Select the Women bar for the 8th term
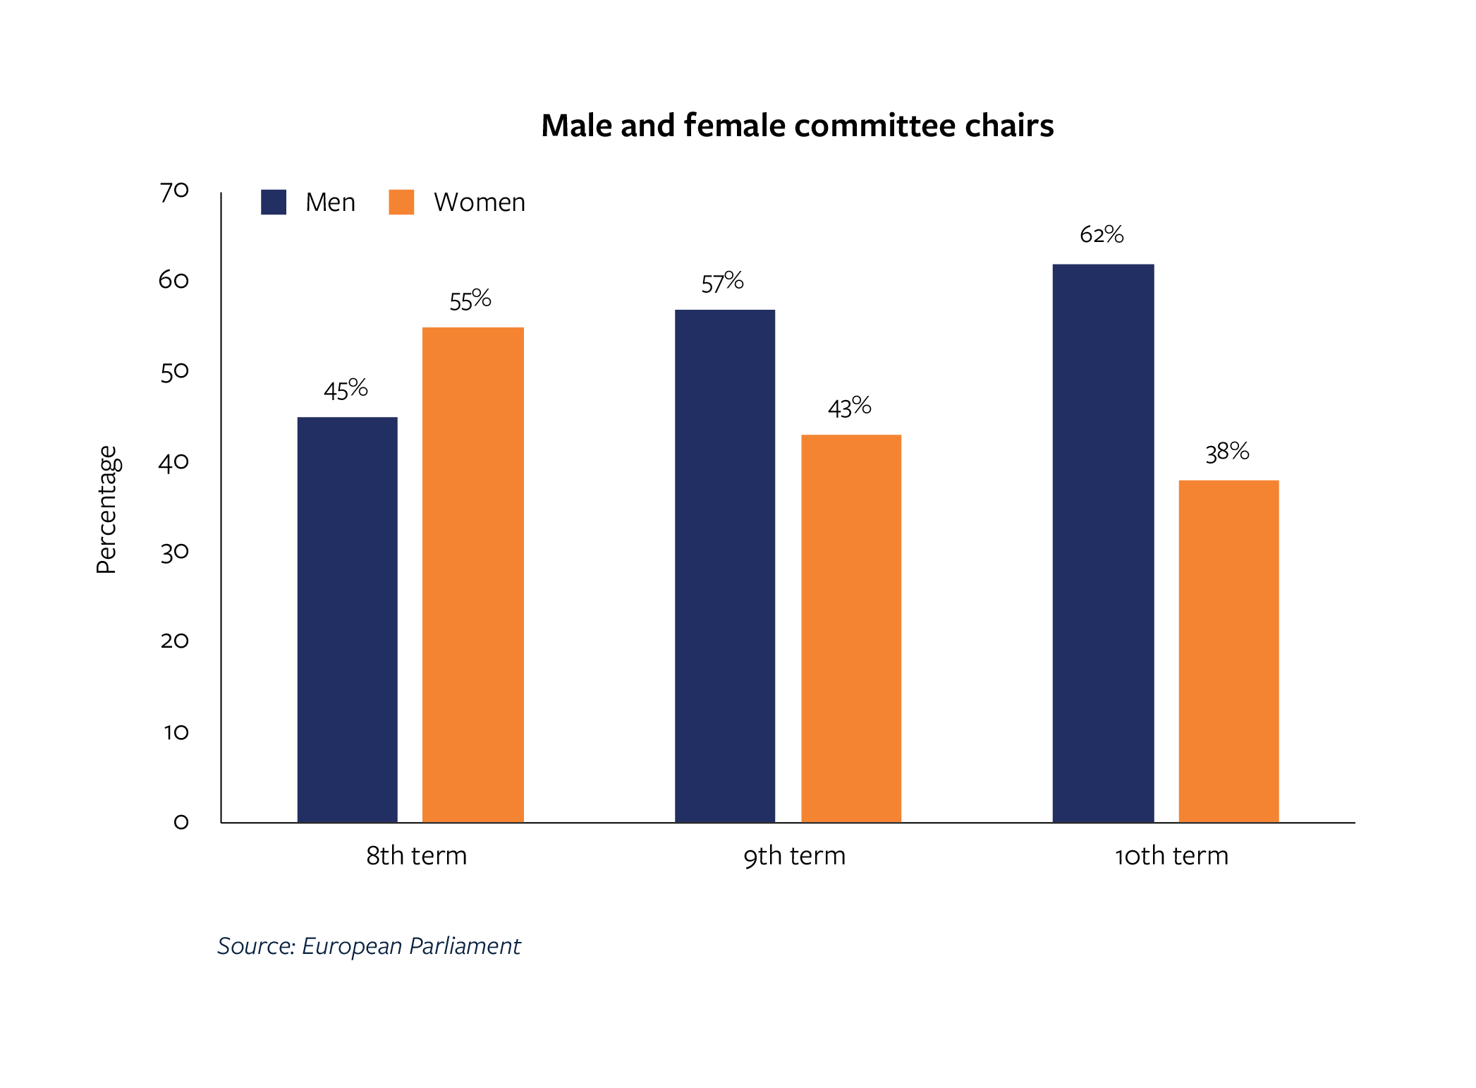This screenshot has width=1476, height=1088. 472,574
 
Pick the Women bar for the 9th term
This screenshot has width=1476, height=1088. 850,628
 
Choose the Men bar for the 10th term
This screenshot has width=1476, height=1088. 1103,543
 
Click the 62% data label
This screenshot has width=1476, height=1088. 1102,234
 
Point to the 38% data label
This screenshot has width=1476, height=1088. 1227,452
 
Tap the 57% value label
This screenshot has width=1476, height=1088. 722,282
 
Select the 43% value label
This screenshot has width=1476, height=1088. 849,407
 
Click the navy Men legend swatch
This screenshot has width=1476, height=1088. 274,202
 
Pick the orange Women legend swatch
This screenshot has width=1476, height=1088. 401,202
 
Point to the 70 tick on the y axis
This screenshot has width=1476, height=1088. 174,191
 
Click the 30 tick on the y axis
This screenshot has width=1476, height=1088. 174,552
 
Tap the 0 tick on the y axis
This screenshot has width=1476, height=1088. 181,822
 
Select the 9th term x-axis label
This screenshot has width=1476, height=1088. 794,856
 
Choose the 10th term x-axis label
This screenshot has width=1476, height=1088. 1171,856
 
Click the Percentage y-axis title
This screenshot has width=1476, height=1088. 106,509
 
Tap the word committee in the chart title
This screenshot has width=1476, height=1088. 875,126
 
